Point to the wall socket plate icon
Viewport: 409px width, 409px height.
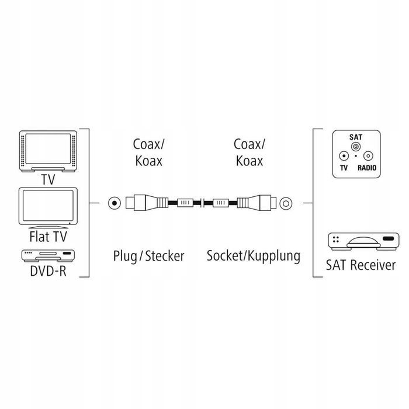click(x=355, y=154)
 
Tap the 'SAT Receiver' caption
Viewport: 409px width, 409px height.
click(x=361, y=266)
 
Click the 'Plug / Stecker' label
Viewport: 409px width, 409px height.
click(x=148, y=256)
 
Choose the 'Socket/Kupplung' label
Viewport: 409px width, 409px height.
click(x=253, y=256)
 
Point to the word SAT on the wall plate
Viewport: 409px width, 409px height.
click(x=355, y=136)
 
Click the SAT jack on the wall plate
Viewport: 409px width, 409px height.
click(x=355, y=145)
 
